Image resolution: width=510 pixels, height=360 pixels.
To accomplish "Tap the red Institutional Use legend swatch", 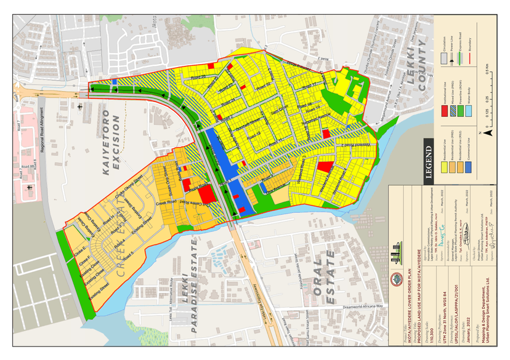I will click(443, 112).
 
